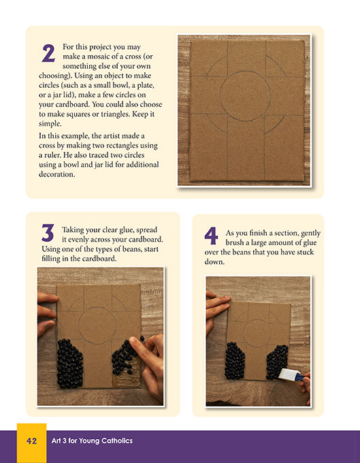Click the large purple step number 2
pyautogui.click(x=48, y=52)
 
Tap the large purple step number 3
pyautogui.click(x=48, y=233)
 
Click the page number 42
pyautogui.click(x=31, y=441)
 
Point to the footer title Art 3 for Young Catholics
pyautogui.click(x=92, y=441)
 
